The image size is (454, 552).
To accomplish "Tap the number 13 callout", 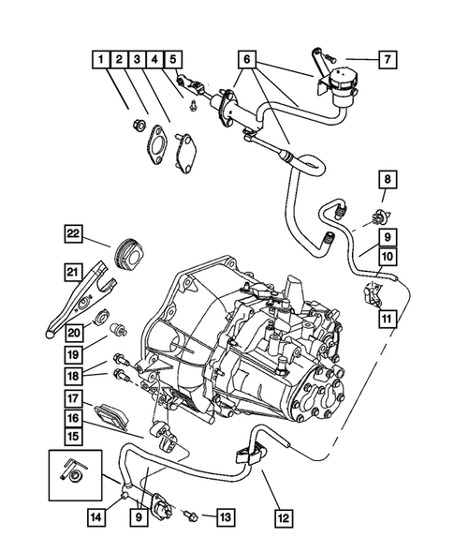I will coord(226,515).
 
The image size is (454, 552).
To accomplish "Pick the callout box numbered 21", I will coord(72,272).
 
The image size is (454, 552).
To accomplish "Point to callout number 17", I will coord(72,397).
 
